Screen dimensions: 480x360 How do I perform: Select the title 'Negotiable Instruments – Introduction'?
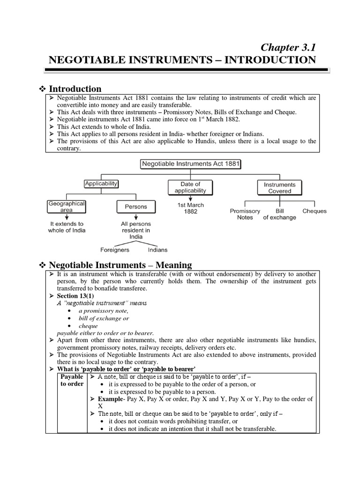[182, 60]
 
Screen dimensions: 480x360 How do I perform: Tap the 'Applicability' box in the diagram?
[101, 184]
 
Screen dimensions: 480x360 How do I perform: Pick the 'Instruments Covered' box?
[279, 187]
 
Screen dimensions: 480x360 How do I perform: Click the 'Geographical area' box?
[66, 207]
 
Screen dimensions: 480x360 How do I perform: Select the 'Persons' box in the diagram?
[135, 206]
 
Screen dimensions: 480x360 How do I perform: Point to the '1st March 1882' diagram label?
[190, 208]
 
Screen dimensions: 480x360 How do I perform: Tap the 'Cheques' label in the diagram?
[314, 211]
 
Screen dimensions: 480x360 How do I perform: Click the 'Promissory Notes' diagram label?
[245, 214]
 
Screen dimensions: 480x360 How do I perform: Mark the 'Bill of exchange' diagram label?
[279, 214]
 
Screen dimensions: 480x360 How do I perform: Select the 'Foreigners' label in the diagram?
[115, 250]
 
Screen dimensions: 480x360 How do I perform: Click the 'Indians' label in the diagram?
[157, 250]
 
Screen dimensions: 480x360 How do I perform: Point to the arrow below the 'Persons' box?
[135, 217]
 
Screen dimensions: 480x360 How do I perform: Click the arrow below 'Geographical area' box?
[66, 217]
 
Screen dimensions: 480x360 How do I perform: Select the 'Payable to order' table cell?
[72, 380]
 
